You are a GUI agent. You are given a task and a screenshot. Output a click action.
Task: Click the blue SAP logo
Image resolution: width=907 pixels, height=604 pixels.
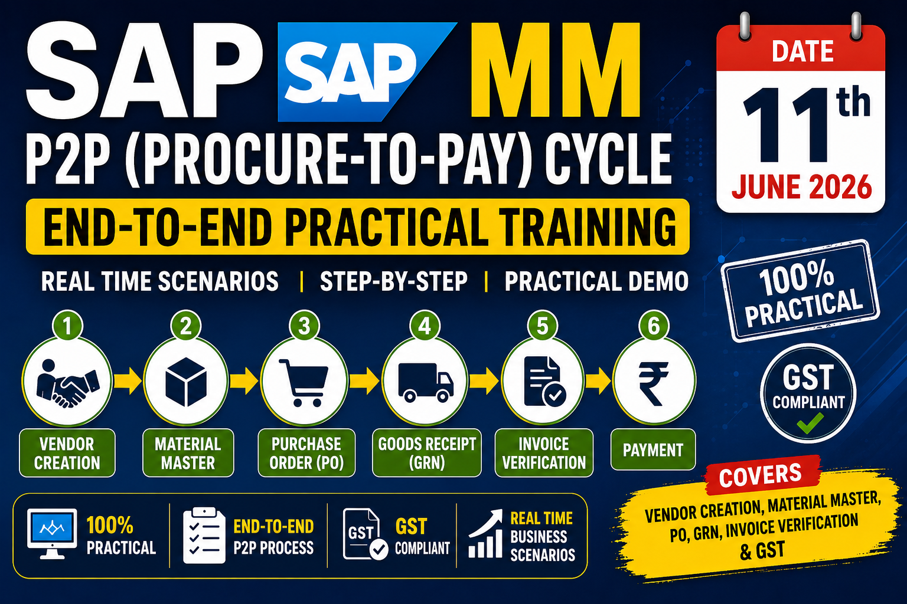pyautogui.click(x=356, y=72)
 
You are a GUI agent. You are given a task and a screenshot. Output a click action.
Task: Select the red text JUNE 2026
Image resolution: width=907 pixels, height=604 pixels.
pyautogui.click(x=801, y=187)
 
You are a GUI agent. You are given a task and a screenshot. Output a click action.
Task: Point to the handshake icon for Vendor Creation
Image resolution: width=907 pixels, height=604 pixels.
pyautogui.click(x=67, y=383)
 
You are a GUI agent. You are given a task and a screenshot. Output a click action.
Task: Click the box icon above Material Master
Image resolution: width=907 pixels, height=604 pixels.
pyautogui.click(x=186, y=382)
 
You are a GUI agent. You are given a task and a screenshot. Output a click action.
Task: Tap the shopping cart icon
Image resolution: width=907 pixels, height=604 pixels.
pyautogui.click(x=304, y=383)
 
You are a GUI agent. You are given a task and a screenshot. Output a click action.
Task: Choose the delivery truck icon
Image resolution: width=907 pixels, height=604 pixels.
pyautogui.click(x=426, y=383)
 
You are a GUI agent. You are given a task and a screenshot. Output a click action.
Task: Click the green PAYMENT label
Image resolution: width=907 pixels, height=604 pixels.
pyautogui.click(x=653, y=449)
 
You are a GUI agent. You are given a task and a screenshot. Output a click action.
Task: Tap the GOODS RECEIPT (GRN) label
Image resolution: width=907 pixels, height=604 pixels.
pyautogui.click(x=427, y=452)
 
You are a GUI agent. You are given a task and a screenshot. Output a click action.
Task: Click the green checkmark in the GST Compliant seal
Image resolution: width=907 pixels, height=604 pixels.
pyautogui.click(x=810, y=423)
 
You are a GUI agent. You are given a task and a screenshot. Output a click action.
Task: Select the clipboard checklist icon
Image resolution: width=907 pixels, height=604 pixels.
pyautogui.click(x=204, y=535)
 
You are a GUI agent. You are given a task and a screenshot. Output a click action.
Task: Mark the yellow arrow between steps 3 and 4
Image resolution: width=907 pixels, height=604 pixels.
pyautogui.click(x=364, y=381)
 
